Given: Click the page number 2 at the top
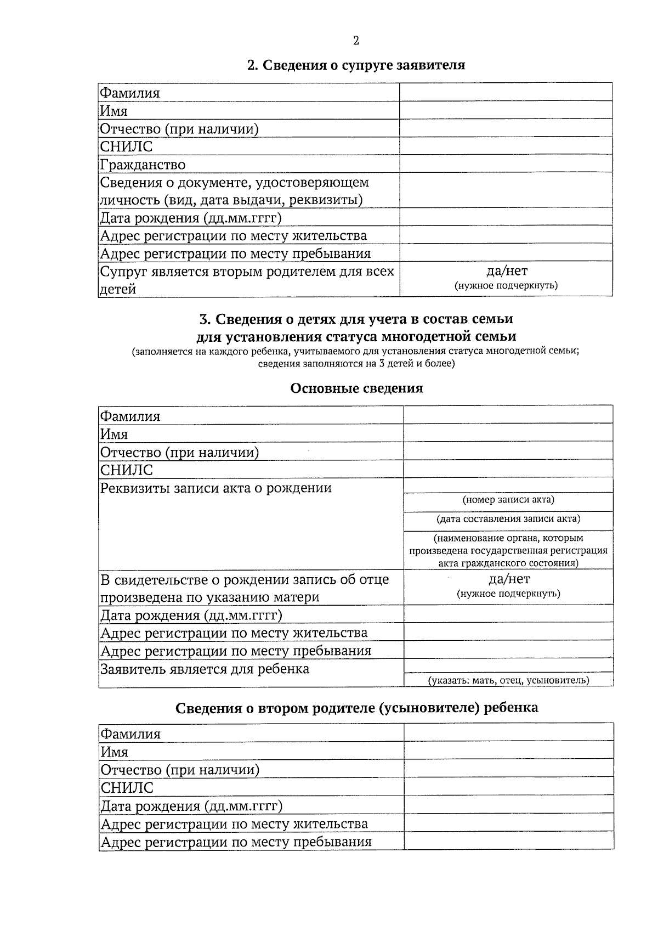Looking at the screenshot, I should (356, 41).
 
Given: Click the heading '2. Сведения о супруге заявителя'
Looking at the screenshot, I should (356, 65).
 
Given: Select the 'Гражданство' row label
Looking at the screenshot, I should (143, 165).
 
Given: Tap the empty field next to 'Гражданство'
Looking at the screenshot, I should (506, 164).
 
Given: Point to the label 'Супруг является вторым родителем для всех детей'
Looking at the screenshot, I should (247, 280).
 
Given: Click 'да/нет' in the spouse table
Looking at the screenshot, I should (506, 270).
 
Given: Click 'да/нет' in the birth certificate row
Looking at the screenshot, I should (509, 579).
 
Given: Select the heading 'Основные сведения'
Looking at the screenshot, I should (356, 388).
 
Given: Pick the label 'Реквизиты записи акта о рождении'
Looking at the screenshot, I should (215, 488).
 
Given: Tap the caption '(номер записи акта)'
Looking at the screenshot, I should (508, 500).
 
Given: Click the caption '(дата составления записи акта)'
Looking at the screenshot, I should (508, 518).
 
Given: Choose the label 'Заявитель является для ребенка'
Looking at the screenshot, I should (205, 669).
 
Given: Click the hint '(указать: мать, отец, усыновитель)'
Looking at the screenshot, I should (508, 680).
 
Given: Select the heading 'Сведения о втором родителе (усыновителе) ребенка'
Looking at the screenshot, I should (356, 708).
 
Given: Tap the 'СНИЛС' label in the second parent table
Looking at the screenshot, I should (127, 788).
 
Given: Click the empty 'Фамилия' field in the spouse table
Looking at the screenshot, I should (506, 92).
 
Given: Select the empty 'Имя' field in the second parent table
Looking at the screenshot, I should (508, 751).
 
